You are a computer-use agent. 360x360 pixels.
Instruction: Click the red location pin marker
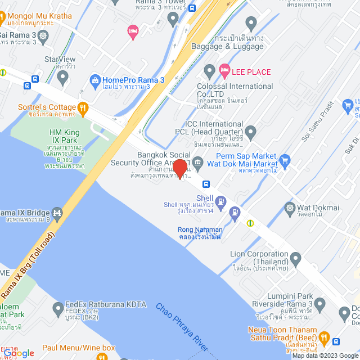179,168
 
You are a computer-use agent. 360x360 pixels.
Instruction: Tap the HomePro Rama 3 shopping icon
94,80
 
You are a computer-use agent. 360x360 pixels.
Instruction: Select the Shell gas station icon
220,199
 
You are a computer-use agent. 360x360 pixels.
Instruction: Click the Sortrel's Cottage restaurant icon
83,107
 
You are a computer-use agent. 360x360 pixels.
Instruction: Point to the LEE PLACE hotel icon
224,72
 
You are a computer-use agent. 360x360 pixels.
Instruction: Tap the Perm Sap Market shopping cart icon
285,160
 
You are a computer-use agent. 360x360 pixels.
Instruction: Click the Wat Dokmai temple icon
290,207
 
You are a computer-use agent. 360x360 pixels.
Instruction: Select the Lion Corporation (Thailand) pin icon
295,258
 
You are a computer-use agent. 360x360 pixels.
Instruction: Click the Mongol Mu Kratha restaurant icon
6,16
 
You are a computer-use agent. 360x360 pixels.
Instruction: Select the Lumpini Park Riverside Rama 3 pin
320,304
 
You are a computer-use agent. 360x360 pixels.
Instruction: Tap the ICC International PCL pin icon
251,133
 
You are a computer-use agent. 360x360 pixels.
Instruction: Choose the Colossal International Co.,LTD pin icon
209,71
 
